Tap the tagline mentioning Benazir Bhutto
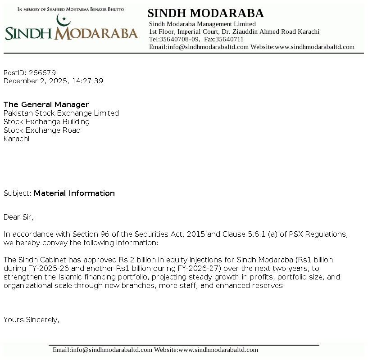pyautogui.click(x=70, y=9)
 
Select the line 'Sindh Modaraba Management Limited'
pyautogui.click(x=202, y=24)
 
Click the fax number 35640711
pyautogui.click(x=231, y=39)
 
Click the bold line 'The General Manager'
pyautogui.click(x=46, y=104)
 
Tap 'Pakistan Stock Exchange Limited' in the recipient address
pyautogui.click(x=61, y=113)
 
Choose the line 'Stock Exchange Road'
pyautogui.click(x=42, y=130)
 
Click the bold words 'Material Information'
pyautogui.click(x=74, y=193)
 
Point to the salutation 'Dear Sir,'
pyautogui.click(x=18, y=217)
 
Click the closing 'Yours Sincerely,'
pyautogui.click(x=32, y=319)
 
